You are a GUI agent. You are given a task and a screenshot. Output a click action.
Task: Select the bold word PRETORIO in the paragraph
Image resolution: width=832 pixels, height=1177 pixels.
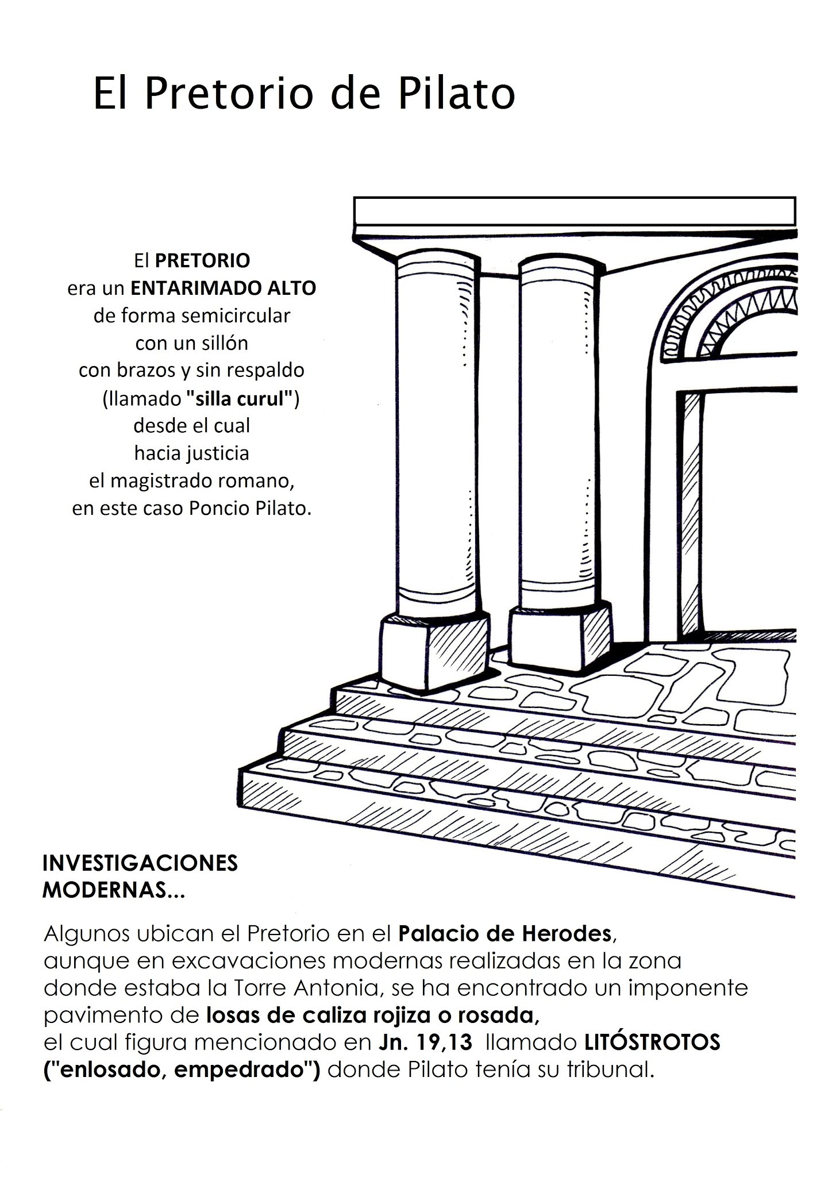202,261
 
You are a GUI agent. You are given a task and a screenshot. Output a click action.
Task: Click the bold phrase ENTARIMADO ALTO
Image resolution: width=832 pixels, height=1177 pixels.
224,288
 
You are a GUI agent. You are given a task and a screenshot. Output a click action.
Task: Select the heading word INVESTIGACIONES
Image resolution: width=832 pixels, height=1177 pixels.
140,863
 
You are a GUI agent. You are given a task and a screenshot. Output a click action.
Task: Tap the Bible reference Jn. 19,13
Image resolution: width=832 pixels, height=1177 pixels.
425,1043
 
